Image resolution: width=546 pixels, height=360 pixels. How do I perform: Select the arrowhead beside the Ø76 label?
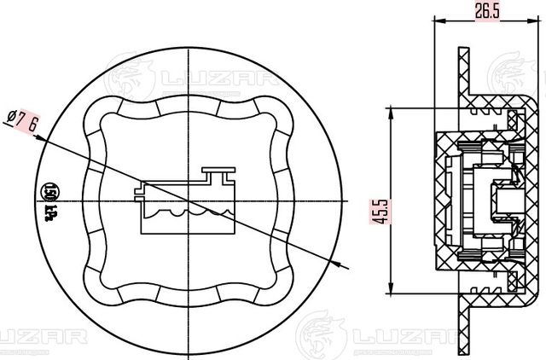pyautogui.click(x=42, y=134)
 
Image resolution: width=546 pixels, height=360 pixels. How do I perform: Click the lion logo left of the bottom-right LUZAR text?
pyautogui.click(x=321, y=333)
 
